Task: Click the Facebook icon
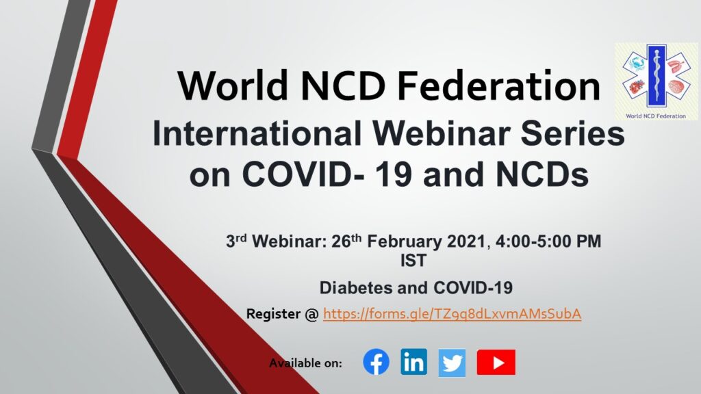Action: point(376,362)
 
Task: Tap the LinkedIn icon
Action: point(413,362)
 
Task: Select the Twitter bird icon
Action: point(452,363)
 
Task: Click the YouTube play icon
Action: point(496,363)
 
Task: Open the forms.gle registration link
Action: point(452,314)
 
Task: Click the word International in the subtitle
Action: point(257,133)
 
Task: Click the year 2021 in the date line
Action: point(466,241)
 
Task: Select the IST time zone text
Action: point(413,261)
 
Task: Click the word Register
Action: point(273,314)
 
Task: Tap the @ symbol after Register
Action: point(311,314)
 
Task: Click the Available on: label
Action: point(305,363)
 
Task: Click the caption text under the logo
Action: point(656,116)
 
